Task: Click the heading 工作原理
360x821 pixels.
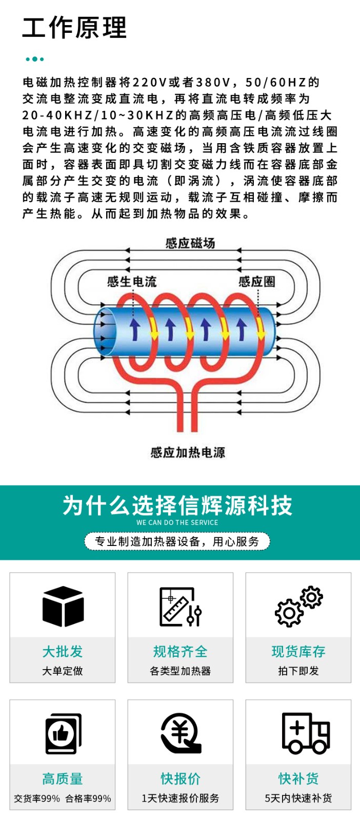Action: tap(74, 28)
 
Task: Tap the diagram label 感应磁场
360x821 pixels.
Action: tap(190, 243)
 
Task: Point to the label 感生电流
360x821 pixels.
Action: tap(132, 281)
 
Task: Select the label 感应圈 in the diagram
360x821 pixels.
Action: tap(257, 281)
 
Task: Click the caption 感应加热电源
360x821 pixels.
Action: tap(188, 452)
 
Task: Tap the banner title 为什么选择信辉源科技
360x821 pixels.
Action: tap(177, 505)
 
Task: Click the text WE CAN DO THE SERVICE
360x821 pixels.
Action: tap(177, 523)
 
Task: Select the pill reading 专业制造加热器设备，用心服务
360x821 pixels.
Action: tap(177, 541)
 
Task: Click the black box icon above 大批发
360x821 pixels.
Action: tap(63, 607)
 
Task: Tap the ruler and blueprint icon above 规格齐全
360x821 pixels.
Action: tap(180, 607)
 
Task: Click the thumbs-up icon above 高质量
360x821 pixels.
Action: tap(63, 734)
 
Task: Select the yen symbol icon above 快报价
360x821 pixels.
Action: tap(180, 734)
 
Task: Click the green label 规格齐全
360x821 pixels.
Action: tap(180, 652)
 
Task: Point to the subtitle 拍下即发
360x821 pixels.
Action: tap(298, 671)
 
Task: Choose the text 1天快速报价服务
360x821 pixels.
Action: tap(180, 798)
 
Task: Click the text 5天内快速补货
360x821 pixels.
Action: tap(298, 798)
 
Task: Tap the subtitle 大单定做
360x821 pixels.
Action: tap(63, 671)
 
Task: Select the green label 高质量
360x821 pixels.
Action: tap(63, 779)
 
